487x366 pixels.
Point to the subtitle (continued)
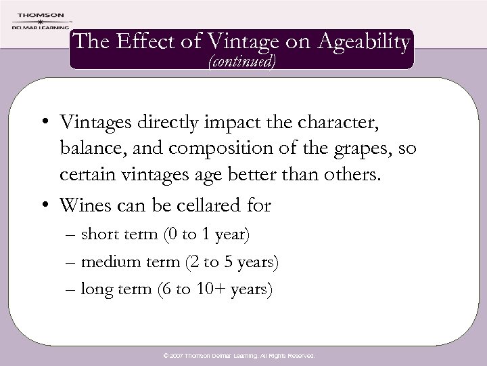tap(243, 65)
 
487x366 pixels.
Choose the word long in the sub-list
tap(95, 289)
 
